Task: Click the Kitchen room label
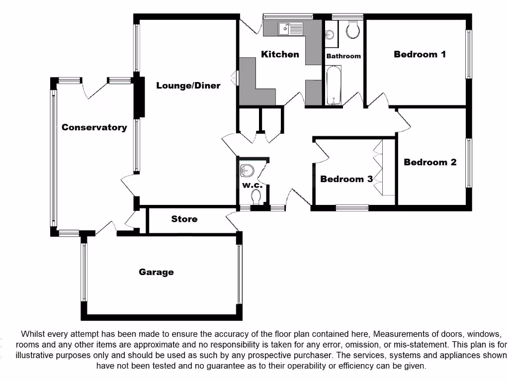[x=280, y=54]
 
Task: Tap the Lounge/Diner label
[x=188, y=86]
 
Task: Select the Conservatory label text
[x=94, y=127]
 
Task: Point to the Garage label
[x=156, y=272]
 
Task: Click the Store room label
[x=184, y=219]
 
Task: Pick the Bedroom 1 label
[x=420, y=54]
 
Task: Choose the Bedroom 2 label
[x=430, y=162]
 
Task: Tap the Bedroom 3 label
[x=346, y=179]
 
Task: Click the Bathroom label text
[x=343, y=56]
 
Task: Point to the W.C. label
[x=252, y=186]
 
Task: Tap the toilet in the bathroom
[x=352, y=30]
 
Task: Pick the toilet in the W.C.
[x=256, y=198]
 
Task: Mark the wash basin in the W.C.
[x=247, y=171]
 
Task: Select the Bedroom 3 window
[x=352, y=207]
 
